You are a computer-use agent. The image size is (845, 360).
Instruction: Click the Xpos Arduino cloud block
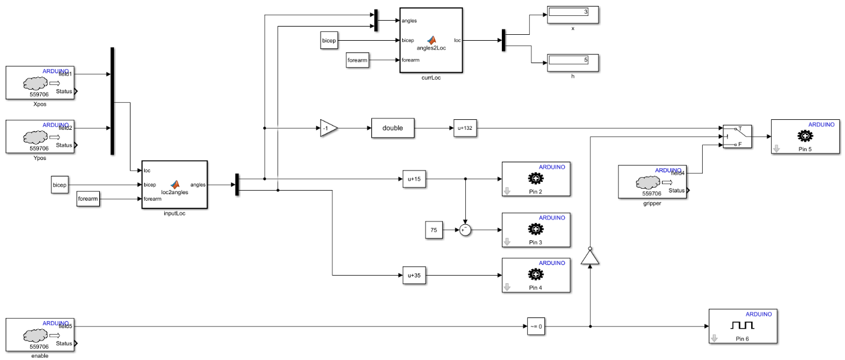(x=40, y=83)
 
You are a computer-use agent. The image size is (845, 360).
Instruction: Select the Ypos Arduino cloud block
(x=40, y=136)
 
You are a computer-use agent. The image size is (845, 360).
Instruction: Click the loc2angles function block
(x=174, y=185)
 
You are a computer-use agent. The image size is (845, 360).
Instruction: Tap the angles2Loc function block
(x=430, y=40)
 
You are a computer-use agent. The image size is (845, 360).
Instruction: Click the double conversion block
(x=393, y=128)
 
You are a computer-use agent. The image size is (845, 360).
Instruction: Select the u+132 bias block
(x=465, y=128)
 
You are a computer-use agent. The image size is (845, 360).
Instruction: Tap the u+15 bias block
(x=414, y=178)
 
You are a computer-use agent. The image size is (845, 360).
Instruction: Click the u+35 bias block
(x=414, y=275)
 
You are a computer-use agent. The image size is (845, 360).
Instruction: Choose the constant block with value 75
(x=433, y=230)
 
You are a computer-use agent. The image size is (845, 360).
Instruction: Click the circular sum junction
(x=466, y=230)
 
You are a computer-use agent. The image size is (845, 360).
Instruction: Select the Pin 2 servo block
(x=536, y=179)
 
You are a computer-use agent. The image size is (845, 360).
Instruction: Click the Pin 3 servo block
(x=536, y=230)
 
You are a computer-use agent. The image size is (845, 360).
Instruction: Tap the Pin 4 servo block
(x=536, y=275)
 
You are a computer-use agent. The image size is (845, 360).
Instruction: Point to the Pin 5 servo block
(x=805, y=137)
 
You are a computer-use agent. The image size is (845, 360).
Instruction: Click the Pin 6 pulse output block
(x=743, y=326)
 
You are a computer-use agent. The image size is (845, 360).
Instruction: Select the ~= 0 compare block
(x=536, y=326)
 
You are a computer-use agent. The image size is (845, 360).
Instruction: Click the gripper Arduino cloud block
(x=652, y=182)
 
